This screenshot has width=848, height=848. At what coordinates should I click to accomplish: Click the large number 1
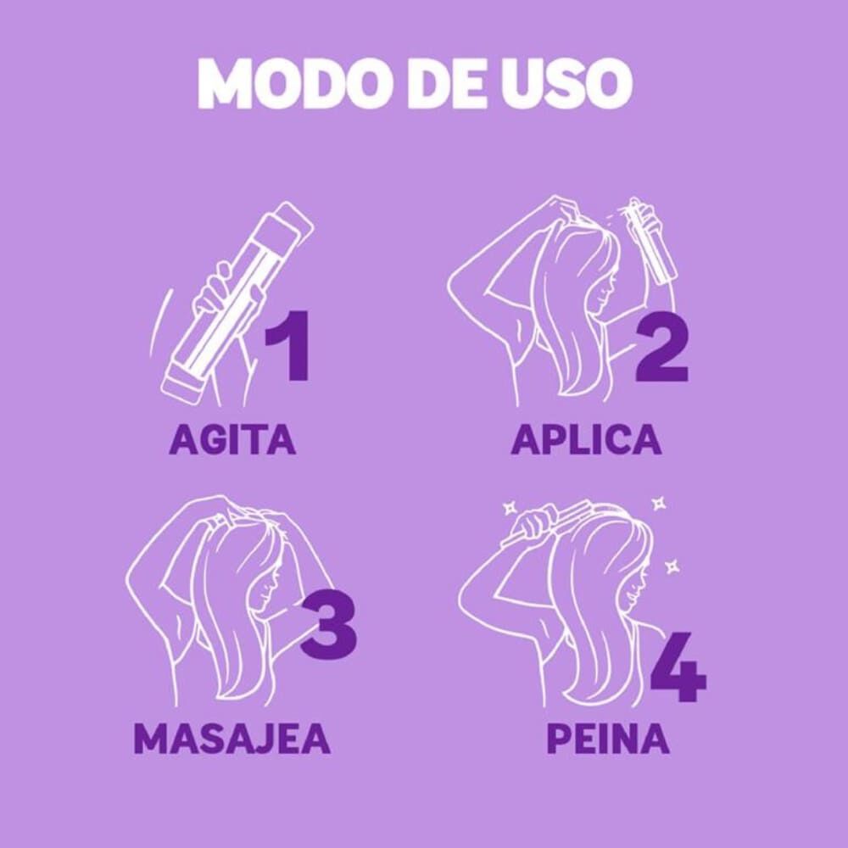(x=288, y=348)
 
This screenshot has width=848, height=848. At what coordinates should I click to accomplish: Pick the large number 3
(x=328, y=628)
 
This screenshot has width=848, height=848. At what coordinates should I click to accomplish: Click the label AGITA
(x=232, y=439)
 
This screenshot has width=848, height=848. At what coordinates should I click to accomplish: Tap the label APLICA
(x=586, y=439)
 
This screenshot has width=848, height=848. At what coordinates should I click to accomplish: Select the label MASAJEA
(x=232, y=739)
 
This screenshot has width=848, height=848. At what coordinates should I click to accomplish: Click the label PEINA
(x=608, y=739)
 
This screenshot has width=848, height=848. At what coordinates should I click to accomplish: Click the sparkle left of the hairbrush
(x=510, y=508)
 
